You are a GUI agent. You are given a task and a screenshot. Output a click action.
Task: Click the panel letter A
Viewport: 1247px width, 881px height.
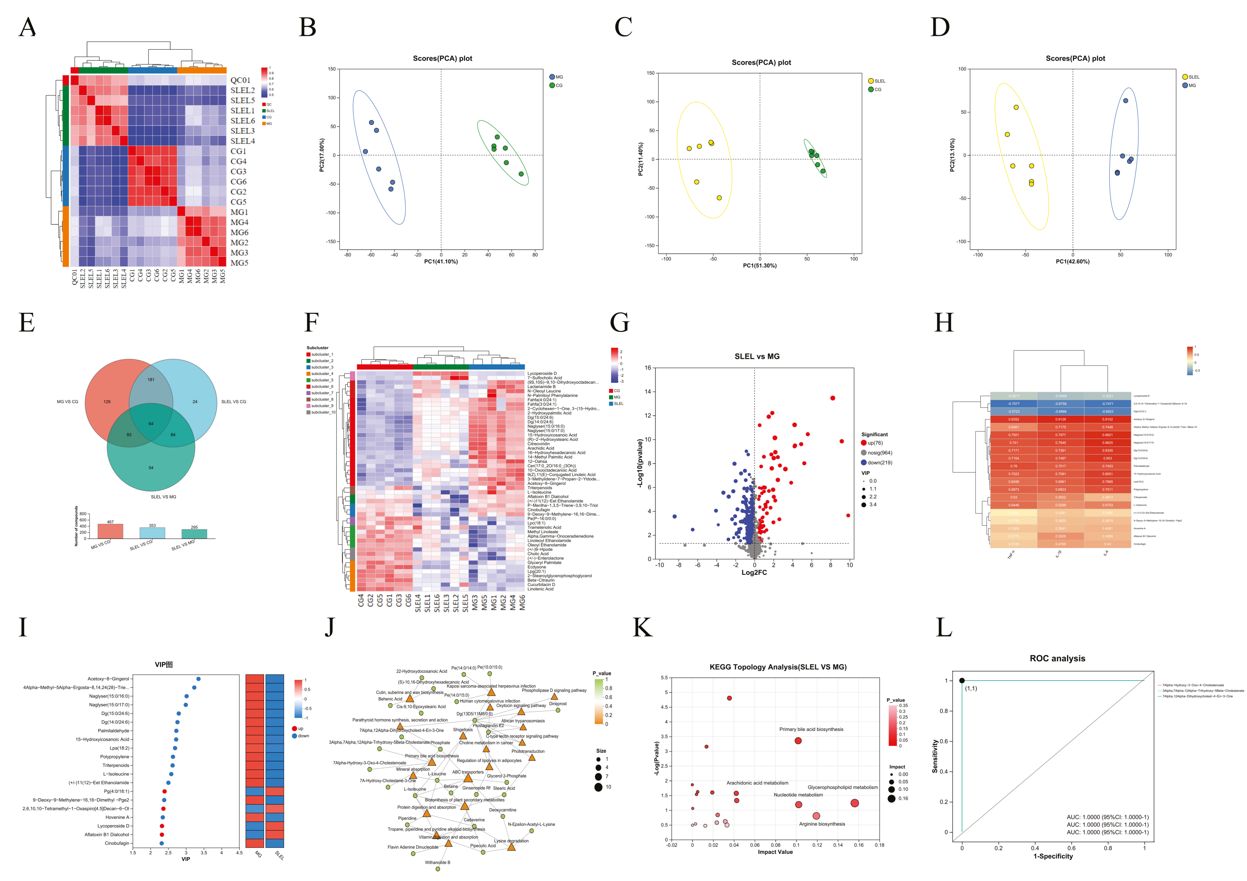pyautogui.click(x=27, y=27)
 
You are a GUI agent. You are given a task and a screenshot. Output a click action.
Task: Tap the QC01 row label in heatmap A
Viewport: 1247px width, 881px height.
pyautogui.click(x=240, y=80)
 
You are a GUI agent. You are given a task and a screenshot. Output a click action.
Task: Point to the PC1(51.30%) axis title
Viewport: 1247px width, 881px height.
pyautogui.click(x=759, y=266)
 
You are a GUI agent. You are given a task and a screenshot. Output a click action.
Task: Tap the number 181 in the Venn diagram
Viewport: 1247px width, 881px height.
pyautogui.click(x=151, y=379)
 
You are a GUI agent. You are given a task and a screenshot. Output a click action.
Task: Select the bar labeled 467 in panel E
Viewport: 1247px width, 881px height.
pyautogui.click(x=110, y=531)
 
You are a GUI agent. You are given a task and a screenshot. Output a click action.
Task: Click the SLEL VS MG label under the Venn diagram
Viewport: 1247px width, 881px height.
pyautogui.click(x=164, y=497)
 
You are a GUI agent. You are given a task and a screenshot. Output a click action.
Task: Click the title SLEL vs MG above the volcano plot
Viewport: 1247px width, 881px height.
pyautogui.click(x=756, y=357)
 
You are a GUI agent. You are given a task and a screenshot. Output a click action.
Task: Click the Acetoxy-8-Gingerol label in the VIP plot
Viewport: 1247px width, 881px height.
pyautogui.click(x=109, y=679)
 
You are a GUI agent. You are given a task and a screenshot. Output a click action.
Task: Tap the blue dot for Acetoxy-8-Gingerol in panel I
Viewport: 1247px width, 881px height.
pyautogui.click(x=198, y=679)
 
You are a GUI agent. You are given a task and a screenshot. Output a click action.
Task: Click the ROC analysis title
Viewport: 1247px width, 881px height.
pyautogui.click(x=1057, y=659)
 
